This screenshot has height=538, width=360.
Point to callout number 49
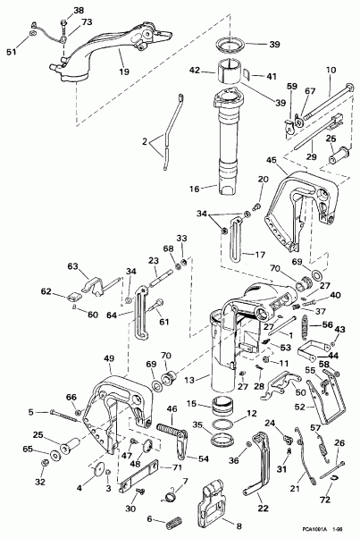[109, 359]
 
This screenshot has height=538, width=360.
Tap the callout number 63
[73, 266]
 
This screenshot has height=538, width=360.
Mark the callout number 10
[330, 70]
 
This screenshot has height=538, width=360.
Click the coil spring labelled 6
[172, 519]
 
